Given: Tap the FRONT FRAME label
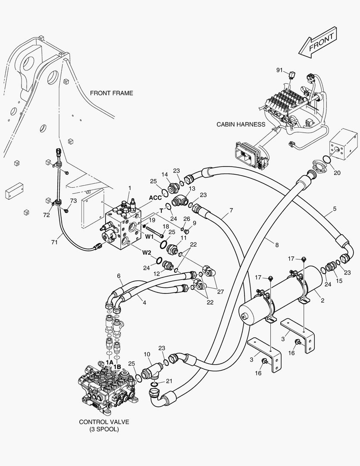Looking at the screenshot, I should (111, 93).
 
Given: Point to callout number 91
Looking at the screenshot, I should (279, 69).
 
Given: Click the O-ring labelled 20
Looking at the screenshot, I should (327, 160).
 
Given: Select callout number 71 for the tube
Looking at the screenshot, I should (54, 242).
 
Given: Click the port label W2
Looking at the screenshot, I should (147, 252).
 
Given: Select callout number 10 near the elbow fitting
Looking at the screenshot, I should (147, 354).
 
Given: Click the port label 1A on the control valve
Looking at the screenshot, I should (110, 362).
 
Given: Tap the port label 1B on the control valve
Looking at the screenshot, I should (118, 367).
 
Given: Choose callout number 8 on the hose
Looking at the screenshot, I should (276, 245).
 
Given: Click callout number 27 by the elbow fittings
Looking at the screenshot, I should (220, 292).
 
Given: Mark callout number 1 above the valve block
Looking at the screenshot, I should (129, 188).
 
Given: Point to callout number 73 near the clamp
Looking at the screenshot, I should (73, 201).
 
